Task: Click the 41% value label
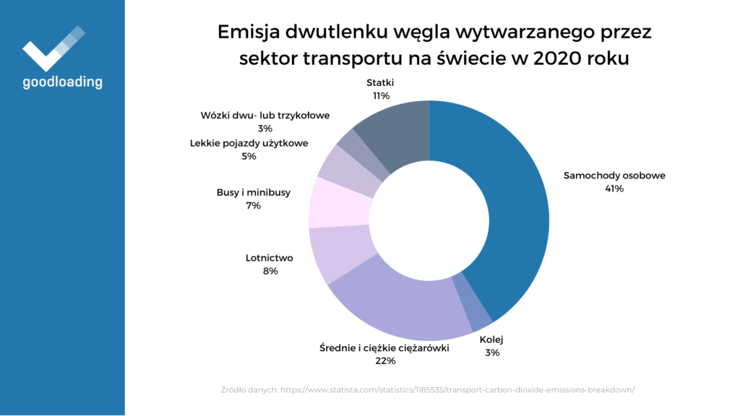point(614,188)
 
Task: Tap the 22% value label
point(384,360)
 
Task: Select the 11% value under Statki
point(381,95)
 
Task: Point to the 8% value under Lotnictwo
point(270,271)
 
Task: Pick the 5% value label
point(249,156)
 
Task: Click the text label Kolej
point(491,339)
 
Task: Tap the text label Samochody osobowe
point(614,175)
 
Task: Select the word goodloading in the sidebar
point(62,82)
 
